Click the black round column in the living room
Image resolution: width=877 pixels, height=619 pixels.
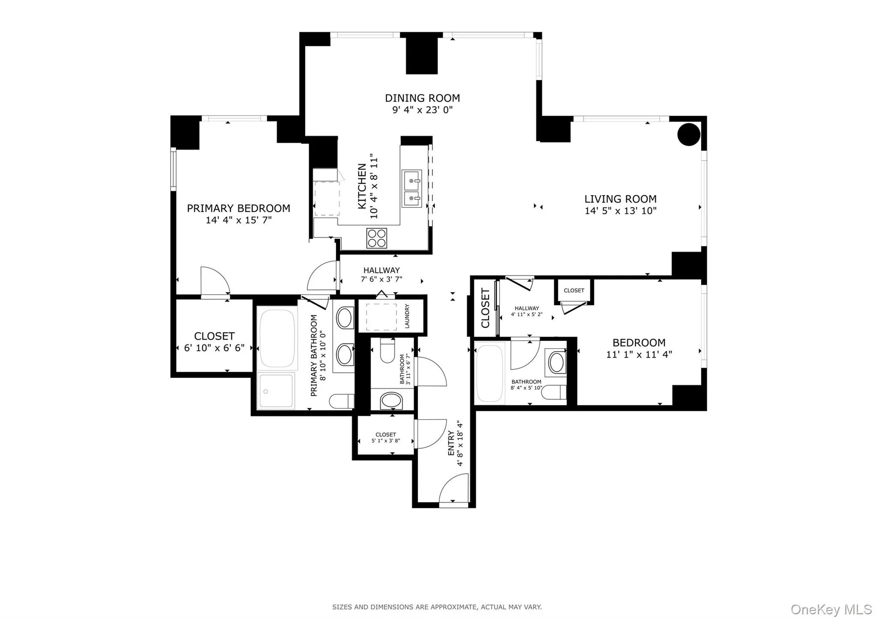689,134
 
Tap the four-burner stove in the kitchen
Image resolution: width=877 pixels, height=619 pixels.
376,238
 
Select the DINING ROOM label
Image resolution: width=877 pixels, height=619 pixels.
422,98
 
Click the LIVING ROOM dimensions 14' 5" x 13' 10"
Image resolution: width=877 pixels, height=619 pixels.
620,211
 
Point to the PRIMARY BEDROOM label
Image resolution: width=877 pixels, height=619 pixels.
239,208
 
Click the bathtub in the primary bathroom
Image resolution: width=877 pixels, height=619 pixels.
277,338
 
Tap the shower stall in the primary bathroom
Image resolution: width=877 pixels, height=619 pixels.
276,391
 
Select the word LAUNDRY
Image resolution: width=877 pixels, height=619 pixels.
407,316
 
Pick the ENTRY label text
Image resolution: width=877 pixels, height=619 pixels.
451,443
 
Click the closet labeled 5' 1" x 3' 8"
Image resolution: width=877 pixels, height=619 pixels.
385,438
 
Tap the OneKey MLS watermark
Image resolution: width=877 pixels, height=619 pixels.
831,609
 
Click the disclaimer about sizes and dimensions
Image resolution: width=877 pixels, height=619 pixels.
437,607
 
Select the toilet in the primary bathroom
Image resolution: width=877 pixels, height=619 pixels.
341,401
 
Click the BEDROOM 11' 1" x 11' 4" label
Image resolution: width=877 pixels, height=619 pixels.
639,348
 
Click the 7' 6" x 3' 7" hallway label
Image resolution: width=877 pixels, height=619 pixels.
381,275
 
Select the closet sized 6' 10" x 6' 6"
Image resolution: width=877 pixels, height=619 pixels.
214,342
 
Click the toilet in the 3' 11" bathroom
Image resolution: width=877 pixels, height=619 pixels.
388,351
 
